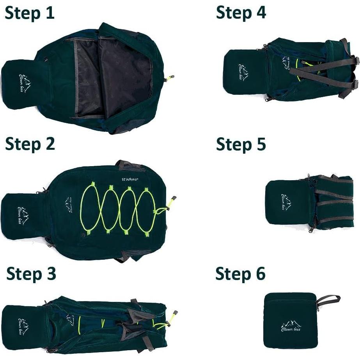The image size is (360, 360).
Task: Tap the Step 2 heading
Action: pyautogui.click(x=30, y=144)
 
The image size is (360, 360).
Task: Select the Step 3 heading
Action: pyautogui.click(x=31, y=274)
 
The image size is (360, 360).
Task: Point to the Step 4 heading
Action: pyautogui.click(x=241, y=12)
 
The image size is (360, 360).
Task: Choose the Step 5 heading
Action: pyautogui.click(x=241, y=144)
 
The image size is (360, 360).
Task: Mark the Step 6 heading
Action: pyautogui.click(x=240, y=274)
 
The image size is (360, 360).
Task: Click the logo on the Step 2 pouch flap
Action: pyautogui.click(x=24, y=215)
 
